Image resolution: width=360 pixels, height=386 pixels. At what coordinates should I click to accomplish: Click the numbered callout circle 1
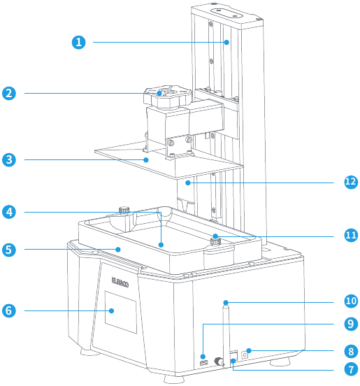79,43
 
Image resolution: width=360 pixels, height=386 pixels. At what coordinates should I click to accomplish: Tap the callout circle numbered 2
9,93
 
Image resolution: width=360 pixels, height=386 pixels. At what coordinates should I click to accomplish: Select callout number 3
9,159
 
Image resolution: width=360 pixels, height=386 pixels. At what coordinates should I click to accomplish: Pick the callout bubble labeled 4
9,212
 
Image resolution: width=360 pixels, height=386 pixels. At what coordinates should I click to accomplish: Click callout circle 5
9,250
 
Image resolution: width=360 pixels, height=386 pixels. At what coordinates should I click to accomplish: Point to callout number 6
9,310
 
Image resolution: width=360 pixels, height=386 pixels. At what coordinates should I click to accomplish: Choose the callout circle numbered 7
351,369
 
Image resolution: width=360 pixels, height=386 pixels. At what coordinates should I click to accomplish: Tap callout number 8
351,351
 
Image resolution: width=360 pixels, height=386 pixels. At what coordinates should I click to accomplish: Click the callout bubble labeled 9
351,324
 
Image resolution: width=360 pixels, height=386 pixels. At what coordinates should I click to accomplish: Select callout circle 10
351,301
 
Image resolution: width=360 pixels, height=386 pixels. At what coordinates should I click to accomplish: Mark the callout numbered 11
351,235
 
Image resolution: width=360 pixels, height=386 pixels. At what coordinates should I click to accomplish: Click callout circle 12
351,182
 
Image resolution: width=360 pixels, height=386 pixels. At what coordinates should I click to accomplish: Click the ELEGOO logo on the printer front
120,282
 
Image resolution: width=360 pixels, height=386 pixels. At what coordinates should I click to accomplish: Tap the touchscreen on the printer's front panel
121,313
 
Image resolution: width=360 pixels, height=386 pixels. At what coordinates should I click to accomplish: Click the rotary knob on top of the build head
168,97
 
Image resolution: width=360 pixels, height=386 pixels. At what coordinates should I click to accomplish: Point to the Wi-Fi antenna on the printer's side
226,336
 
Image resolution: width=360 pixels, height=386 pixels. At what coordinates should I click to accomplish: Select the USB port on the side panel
204,363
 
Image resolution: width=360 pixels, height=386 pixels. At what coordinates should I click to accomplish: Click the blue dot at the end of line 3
146,160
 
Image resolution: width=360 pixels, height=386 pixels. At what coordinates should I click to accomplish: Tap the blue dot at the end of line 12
188,183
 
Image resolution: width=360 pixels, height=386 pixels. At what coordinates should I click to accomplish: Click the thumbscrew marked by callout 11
215,241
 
